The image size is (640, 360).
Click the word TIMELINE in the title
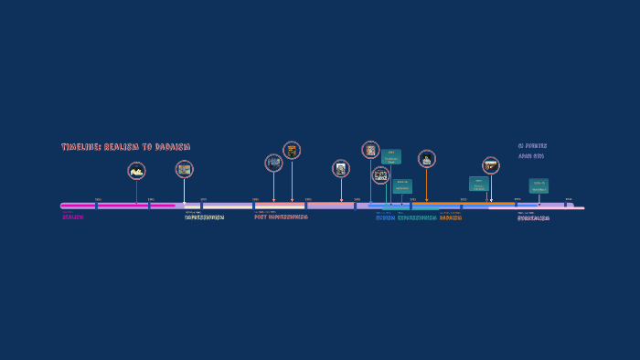pos(80,147)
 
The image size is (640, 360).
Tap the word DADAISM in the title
pos(170,147)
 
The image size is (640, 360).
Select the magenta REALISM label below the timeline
pos(73,217)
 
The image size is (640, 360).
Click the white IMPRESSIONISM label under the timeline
pos(204,217)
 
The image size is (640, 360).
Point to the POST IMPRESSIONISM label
pos(281,217)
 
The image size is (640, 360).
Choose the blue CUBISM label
pos(385,218)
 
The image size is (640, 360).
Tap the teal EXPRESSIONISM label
pos(417,218)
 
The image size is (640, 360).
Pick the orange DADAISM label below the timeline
pos(451,218)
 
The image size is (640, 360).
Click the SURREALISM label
pos(533,218)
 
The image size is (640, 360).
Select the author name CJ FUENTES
pos(532,146)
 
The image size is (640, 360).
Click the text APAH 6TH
pos(531,156)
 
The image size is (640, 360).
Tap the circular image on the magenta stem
pos(136,170)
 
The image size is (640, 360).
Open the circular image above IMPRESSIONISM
pos(184,168)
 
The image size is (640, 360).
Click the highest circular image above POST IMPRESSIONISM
pos(292,150)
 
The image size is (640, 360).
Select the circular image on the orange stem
pos(426,159)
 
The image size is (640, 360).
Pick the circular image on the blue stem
pos(370,150)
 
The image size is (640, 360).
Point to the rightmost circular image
pos(491,165)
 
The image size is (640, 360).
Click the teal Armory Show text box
pos(391,156)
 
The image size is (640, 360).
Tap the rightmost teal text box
pos(539,185)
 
